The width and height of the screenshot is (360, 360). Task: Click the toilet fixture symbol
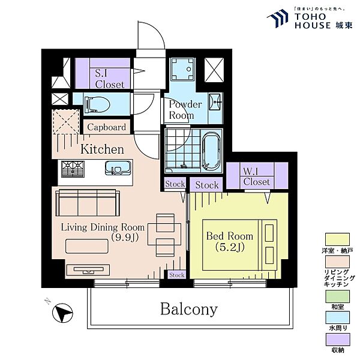coord(97,105)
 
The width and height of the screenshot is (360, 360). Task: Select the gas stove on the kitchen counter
coord(73,169)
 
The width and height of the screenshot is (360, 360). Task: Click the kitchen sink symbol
coord(118,168)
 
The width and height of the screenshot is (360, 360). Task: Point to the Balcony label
coord(189,309)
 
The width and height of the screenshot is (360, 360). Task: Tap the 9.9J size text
coord(125,238)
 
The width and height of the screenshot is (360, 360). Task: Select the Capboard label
coord(107,127)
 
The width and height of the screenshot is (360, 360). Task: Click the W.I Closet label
coord(256,176)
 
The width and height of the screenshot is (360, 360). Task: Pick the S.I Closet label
coord(110,79)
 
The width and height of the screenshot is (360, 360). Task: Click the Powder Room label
coord(185,110)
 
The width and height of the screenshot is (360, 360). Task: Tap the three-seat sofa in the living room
coord(88,203)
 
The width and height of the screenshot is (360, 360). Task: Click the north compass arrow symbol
coord(62,313)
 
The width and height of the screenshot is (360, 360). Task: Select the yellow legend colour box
coord(337,239)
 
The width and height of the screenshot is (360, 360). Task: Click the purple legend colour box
coord(337,340)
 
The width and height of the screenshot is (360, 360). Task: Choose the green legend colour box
coord(337,296)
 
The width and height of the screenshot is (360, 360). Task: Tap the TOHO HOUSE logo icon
coord(278,18)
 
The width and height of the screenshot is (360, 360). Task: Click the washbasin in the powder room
coord(215,102)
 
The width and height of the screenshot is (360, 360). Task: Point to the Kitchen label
coord(102,149)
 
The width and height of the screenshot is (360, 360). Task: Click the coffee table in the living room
coord(87,247)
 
